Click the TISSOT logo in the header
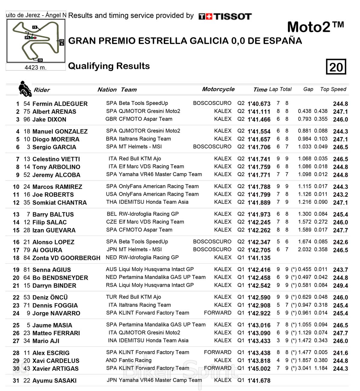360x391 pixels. [225, 16]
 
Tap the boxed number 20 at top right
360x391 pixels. [336, 67]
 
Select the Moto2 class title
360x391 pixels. [315, 27]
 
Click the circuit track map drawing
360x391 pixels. [36, 40]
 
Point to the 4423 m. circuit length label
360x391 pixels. [35, 67]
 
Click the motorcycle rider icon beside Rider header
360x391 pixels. [25, 89]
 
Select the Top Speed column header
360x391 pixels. [333, 89]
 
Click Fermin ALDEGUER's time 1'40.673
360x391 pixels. [259, 104]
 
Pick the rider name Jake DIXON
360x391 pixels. [49, 119]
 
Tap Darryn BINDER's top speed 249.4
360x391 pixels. [340, 286]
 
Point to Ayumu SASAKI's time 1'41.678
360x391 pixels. [259, 381]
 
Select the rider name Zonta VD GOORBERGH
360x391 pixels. [66, 258]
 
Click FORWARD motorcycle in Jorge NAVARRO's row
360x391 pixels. [217, 313]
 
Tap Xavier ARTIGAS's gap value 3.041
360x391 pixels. [304, 368]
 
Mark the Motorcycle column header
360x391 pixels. [218, 89]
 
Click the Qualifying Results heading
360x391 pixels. [109, 66]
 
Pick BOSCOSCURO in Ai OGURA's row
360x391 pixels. [212, 249]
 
